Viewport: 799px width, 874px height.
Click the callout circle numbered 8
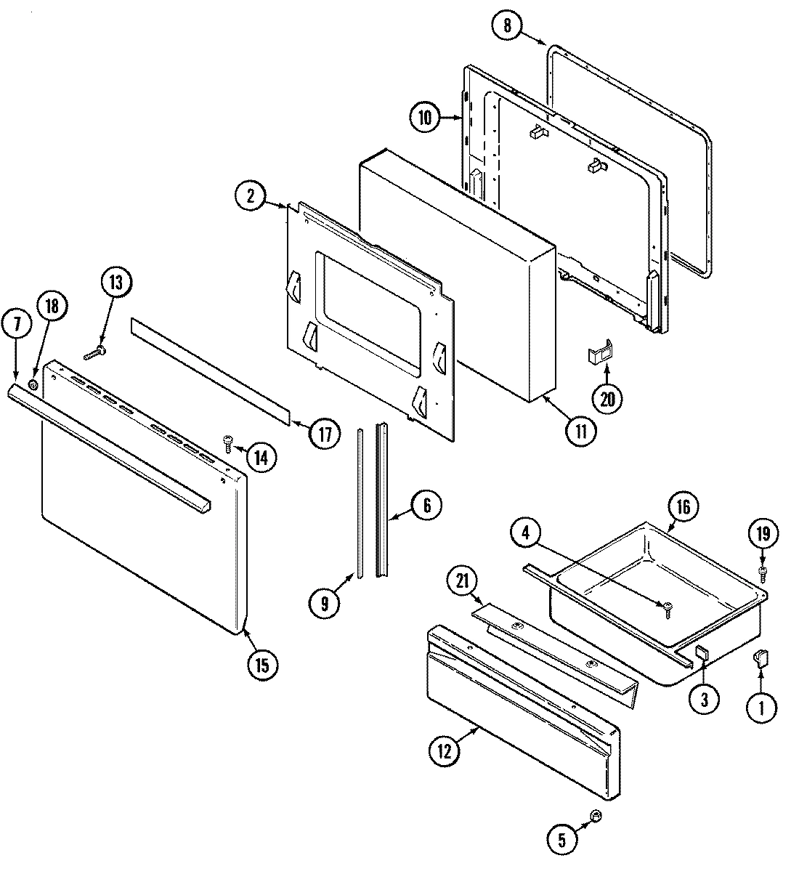coord(507,26)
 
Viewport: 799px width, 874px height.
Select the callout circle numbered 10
coord(424,117)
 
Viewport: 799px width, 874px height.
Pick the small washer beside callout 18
coord(33,383)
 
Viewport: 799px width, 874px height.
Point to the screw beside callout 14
coord(228,440)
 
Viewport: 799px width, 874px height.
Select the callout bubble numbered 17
coord(324,434)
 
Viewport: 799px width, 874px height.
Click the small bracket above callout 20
coord(600,354)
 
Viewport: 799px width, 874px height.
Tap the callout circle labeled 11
coord(581,429)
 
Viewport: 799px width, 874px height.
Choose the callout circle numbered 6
coord(426,505)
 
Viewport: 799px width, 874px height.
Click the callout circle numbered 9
coord(324,602)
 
